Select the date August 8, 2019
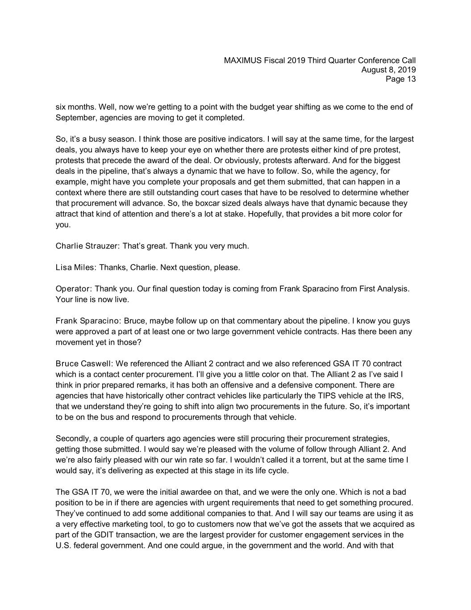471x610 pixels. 388,70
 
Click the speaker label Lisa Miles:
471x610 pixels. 76,268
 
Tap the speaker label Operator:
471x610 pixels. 74,289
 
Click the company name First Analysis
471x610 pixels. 384,289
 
